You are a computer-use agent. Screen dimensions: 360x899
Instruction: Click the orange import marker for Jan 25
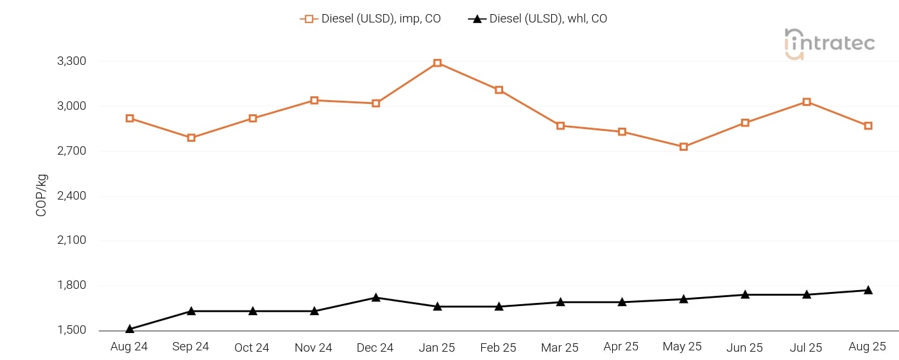click(437, 63)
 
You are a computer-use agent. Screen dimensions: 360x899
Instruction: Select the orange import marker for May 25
click(683, 147)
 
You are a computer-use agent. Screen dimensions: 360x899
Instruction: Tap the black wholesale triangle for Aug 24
click(130, 329)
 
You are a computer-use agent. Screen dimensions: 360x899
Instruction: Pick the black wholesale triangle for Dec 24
click(376, 298)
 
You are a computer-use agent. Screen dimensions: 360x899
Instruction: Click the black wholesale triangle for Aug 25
click(868, 290)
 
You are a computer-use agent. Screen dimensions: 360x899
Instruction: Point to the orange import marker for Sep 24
click(191, 138)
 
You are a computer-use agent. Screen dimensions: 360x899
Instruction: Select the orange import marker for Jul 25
click(807, 102)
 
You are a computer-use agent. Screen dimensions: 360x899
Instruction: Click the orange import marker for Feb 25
click(499, 90)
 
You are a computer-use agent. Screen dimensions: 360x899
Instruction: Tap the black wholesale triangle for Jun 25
click(745, 295)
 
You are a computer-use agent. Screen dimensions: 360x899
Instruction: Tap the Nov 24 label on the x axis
click(313, 348)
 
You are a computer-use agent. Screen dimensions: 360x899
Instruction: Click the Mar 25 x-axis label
click(560, 348)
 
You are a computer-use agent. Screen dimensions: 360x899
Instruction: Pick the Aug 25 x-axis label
click(867, 347)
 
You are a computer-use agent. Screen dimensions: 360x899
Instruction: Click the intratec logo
click(829, 44)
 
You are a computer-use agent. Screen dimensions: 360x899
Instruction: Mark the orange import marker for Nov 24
click(314, 100)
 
